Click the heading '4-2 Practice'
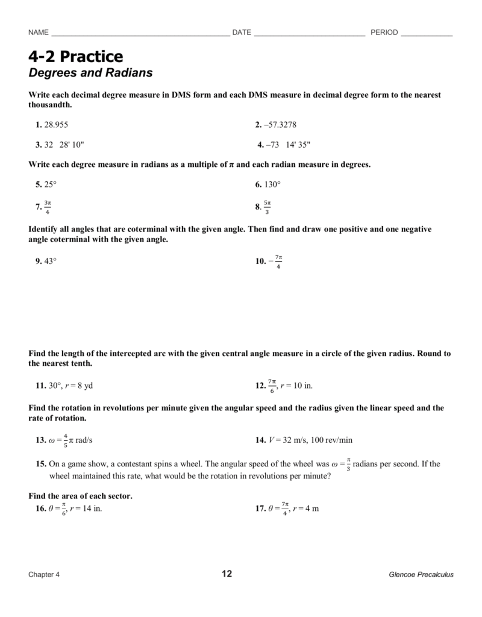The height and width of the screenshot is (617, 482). pos(75,57)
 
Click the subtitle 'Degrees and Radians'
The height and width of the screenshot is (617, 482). pos(90,74)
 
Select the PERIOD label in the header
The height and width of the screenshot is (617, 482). pos(384,33)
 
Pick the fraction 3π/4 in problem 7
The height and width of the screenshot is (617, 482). pos(48,207)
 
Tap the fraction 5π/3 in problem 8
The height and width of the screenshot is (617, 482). pos(268,207)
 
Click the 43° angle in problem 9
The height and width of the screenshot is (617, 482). pos(50,262)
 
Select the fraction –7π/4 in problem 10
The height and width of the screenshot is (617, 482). pos(276,262)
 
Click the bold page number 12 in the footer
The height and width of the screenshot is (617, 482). pos(227,574)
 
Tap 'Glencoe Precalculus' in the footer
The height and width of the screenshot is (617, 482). pos(421,575)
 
